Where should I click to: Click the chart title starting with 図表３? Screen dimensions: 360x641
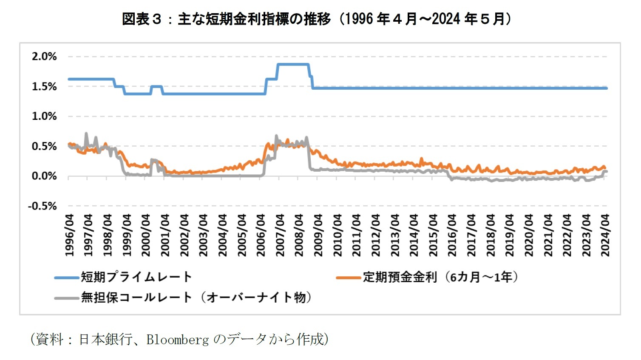[x=317, y=19]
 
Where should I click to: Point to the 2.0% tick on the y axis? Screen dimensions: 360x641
[x=44, y=57]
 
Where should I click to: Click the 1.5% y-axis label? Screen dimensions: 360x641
[x=44, y=87]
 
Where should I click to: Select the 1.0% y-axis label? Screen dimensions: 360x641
[x=44, y=116]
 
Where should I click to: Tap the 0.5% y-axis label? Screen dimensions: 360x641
[x=44, y=146]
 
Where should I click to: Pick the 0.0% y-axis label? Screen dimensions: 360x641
[x=44, y=176]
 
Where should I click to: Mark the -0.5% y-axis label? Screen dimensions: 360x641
[x=43, y=206]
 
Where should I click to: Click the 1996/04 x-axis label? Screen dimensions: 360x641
[x=69, y=235]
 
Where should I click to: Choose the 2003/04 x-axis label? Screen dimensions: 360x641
[x=203, y=235]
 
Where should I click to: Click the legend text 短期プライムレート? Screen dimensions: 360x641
[x=136, y=277]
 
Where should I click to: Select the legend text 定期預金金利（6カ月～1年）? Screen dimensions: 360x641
[x=440, y=277]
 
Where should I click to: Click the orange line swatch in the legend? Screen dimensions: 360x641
[x=348, y=278]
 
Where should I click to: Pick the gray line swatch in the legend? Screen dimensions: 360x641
[x=67, y=298]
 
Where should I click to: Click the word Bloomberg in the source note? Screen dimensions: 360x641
[x=177, y=339]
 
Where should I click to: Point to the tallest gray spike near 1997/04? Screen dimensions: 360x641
[x=86, y=133]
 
